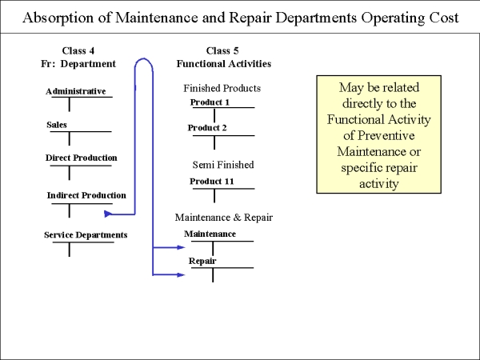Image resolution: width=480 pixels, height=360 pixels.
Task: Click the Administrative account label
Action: click(76, 91)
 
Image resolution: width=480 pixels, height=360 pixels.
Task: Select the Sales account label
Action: click(57, 125)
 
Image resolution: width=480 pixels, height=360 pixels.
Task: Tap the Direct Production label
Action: click(82, 158)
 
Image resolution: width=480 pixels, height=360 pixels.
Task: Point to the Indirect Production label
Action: click(86, 195)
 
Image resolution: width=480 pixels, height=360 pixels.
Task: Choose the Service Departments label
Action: click(86, 234)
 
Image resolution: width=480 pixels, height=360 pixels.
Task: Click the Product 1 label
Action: click(210, 102)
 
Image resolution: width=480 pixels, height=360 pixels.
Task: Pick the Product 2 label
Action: click(207, 128)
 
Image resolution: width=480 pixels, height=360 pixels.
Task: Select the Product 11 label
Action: click(212, 182)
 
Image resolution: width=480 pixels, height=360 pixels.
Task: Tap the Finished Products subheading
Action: click(222, 88)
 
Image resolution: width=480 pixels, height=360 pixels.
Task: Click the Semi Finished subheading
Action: click(223, 165)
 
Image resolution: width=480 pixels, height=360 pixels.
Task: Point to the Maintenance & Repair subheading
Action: click(224, 218)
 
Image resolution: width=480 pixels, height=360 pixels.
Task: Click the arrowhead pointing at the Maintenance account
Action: click(182, 247)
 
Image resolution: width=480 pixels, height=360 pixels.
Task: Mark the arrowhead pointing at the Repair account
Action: click(182, 275)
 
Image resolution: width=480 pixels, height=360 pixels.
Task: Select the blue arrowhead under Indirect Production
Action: click(108, 214)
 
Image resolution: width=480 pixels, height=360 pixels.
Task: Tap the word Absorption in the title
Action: click(58, 18)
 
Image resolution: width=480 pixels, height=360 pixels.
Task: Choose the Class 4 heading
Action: click(78, 50)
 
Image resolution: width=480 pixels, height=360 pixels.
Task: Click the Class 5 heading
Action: click(222, 50)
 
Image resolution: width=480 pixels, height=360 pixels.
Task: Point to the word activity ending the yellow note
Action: click(378, 184)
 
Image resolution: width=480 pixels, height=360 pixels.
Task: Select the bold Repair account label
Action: click(202, 261)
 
